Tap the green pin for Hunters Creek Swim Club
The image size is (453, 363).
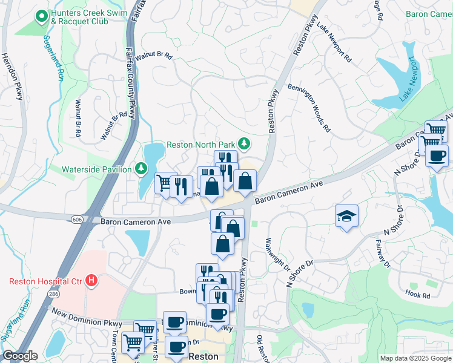(42, 17)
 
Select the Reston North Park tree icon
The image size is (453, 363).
(243, 144)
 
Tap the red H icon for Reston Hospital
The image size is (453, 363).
(91, 281)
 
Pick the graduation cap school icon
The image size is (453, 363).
(346, 217)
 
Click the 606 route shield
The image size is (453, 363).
(77, 219)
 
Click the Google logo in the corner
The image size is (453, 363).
(19, 356)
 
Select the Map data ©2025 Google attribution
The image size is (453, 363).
(415, 358)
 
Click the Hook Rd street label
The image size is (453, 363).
(418, 295)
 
